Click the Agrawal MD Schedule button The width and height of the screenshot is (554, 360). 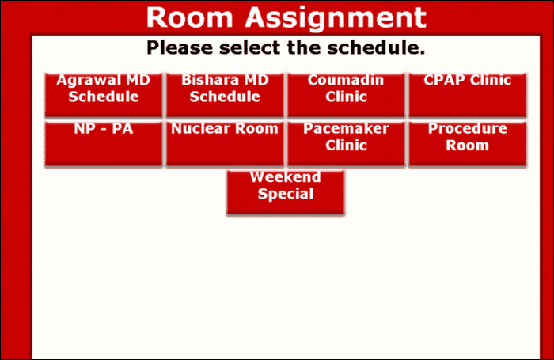(103, 95)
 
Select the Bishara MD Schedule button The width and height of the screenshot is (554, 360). (225, 95)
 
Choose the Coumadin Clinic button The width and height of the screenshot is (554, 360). (347, 95)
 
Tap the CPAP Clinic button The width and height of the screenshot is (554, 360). (468, 95)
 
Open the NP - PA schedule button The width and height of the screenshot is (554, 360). (103, 144)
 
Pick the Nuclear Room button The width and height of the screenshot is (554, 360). (225, 144)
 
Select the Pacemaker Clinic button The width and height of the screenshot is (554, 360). (347, 144)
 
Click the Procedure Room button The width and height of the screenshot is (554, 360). (468, 144)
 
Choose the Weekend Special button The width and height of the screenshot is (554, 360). (286, 192)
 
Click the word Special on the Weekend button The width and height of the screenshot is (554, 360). (286, 194)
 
